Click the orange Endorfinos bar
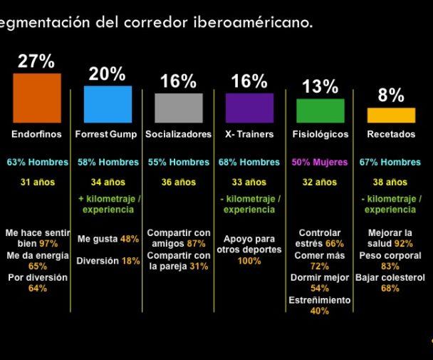click(36, 98)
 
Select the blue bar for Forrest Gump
click(108, 104)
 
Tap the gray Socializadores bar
click(178, 108)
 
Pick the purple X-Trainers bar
click(249, 108)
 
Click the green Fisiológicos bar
click(320, 110)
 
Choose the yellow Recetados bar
click(390, 115)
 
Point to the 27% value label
click(36, 62)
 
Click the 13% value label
click(320, 87)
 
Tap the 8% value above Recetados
click(391, 96)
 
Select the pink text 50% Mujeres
click(320, 162)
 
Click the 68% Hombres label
click(249, 162)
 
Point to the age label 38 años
click(390, 182)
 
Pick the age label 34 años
click(108, 182)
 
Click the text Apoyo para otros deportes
click(249, 245)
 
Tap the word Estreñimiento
click(320, 300)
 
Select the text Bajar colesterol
click(390, 277)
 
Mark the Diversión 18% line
click(108, 261)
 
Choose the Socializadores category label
click(178, 134)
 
